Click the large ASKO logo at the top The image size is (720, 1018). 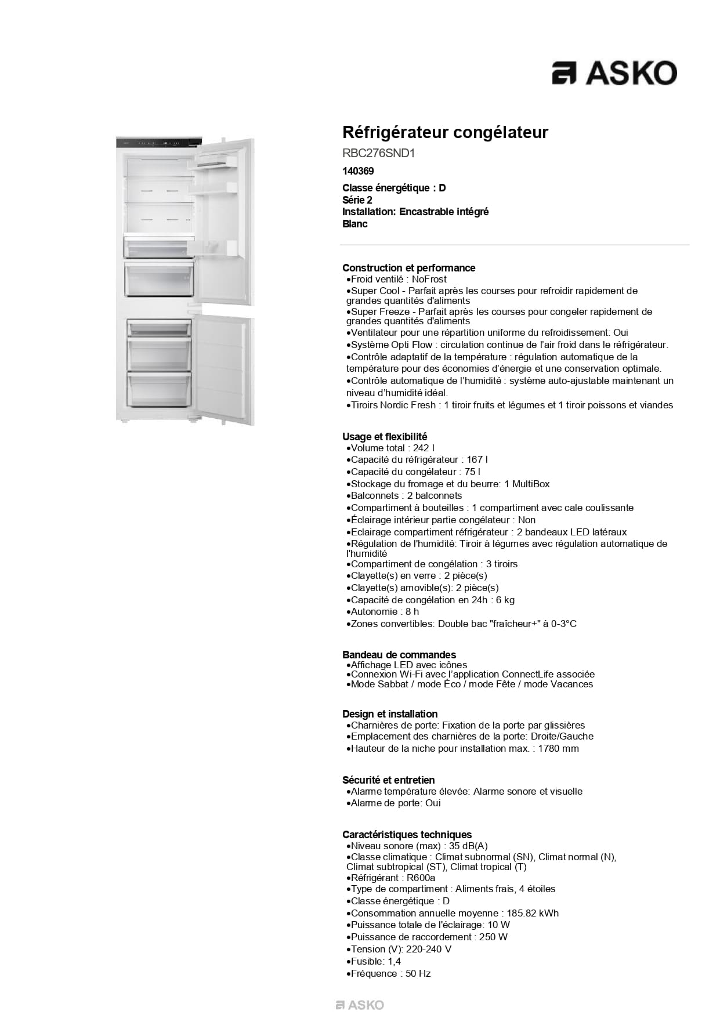click(614, 73)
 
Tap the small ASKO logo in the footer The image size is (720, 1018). click(360, 1005)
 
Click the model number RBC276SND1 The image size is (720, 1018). click(378, 153)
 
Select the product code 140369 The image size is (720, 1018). click(358, 171)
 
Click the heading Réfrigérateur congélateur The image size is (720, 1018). click(445, 132)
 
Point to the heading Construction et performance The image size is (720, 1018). click(408, 268)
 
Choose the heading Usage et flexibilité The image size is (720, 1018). click(384, 436)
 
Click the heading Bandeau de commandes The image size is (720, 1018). click(399, 655)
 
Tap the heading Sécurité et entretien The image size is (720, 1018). click(388, 780)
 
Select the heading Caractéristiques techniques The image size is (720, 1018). click(407, 835)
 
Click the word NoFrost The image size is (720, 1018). click(429, 279)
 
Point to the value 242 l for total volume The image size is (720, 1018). click(424, 448)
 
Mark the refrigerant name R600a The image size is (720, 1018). click(421, 878)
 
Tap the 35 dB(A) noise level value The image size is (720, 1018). click(468, 846)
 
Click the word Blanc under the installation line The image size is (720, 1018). click(354, 224)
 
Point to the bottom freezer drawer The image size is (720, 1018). click(159, 390)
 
